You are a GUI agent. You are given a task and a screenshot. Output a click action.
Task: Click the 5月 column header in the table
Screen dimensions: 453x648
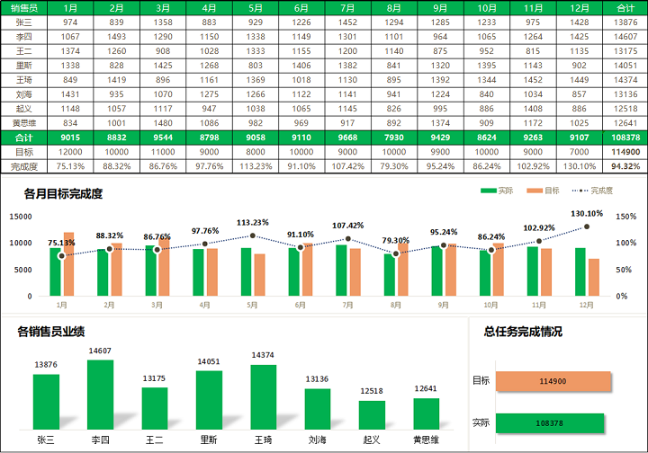pos(256,7)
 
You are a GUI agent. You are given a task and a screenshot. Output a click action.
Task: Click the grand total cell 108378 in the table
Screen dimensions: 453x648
pos(625,138)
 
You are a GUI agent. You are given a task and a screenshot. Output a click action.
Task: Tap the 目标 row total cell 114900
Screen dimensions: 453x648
pos(625,152)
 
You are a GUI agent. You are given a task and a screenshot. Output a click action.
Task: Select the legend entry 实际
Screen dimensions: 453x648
pos(498,191)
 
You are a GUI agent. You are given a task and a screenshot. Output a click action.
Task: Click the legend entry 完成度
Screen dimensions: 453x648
pos(592,191)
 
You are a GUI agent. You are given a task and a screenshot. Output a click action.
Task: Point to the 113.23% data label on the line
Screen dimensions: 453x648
pos(254,223)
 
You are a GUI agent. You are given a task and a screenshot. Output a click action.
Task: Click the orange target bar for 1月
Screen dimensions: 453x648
pos(69,264)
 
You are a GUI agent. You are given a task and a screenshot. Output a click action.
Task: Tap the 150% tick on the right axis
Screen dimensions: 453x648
pos(626,217)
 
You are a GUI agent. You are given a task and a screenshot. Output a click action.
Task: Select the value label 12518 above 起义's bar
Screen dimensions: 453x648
pos(372,391)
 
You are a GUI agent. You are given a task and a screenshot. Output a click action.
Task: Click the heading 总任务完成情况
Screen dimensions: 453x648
pos(523,332)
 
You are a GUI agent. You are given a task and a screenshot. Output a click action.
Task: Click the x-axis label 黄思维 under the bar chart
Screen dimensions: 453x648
pos(427,440)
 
